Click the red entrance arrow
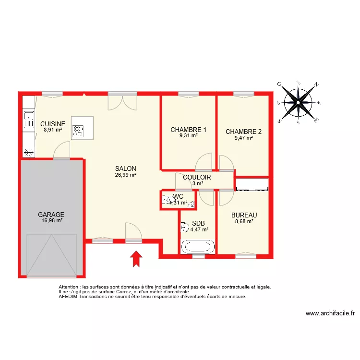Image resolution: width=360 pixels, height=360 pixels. coord(136,259)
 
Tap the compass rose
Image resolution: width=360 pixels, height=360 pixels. coord(298,102)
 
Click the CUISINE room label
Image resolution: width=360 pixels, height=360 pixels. coord(52,123)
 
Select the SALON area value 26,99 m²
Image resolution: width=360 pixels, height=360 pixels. coord(126,175)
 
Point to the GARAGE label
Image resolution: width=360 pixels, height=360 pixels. coord(51,215)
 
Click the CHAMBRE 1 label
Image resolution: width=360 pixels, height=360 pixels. coord(188,130)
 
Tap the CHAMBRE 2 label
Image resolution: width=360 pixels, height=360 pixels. coord(243,132)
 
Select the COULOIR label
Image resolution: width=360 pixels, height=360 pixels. coord(197,177)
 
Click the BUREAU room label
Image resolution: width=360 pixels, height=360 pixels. coord(244,215)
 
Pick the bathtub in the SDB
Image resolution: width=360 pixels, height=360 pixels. coord(197,247)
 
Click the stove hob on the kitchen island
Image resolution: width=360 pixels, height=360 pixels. coord(77,130)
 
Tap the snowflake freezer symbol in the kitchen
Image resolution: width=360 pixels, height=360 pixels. coord(29,153)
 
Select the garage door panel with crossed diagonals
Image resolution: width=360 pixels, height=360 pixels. coord(51,255)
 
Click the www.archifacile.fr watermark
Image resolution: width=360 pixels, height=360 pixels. coord(330,314)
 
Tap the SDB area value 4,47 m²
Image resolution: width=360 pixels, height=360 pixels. coord(199,229)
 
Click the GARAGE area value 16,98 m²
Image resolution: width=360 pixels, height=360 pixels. coord(51,221)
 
